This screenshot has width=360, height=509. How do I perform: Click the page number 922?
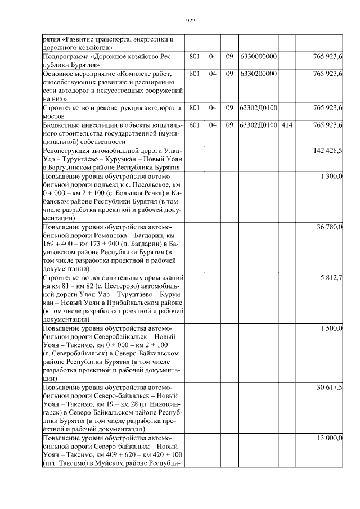[190, 21]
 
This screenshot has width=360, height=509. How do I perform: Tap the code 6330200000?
[258, 74]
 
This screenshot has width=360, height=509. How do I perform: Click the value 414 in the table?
[287, 124]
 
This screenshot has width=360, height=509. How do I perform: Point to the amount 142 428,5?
[328, 151]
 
